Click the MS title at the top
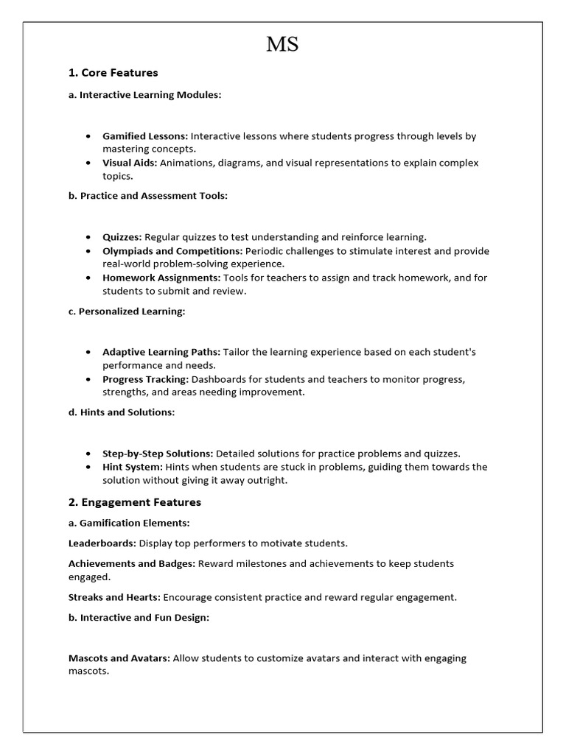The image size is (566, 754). click(x=283, y=45)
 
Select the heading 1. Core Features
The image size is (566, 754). click(x=113, y=73)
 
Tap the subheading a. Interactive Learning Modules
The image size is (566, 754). click(x=144, y=95)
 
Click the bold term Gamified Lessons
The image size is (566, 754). click(x=145, y=136)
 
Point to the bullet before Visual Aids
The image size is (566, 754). click(x=88, y=163)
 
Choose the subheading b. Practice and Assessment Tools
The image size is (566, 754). click(x=147, y=196)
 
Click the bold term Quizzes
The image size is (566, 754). click(x=122, y=237)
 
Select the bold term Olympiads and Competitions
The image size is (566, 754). click(x=172, y=251)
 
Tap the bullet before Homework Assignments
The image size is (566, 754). click(x=88, y=278)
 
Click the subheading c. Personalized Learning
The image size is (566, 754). click(x=126, y=311)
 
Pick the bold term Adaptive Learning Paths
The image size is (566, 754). click(x=161, y=352)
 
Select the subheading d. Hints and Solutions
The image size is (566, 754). click(x=121, y=412)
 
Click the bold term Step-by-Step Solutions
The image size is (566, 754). click(x=158, y=454)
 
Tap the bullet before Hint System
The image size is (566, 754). click(x=88, y=467)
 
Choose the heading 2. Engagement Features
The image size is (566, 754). click(x=134, y=502)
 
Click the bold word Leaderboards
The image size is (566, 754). click(x=102, y=543)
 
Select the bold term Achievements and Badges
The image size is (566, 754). click(x=131, y=563)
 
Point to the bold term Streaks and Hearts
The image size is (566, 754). click(x=114, y=597)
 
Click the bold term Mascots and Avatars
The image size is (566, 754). click(x=119, y=658)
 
